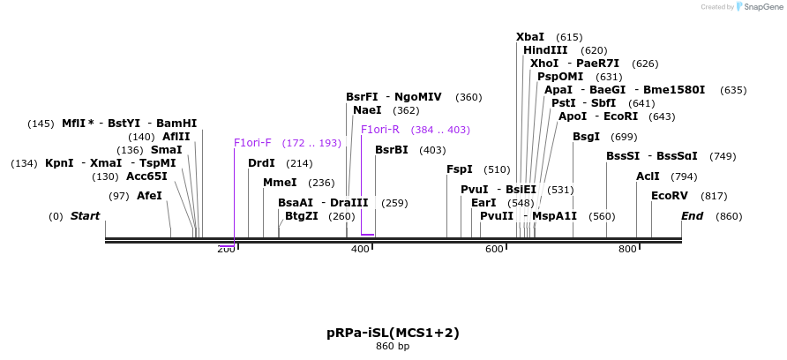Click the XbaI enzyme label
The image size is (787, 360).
530,37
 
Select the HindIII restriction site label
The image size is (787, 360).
545,50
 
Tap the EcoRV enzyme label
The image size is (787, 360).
669,196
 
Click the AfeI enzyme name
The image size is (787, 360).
149,196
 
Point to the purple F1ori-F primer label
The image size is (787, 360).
252,143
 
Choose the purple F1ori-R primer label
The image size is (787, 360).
379,130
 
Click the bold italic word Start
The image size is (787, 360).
85,216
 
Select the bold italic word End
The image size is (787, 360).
693,216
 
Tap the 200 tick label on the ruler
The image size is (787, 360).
226,250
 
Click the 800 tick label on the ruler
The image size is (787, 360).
627,250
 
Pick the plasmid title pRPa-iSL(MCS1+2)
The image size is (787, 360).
393,333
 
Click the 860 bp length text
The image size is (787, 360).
393,346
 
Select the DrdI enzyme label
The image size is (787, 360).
261,163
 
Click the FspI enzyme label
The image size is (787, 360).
460,169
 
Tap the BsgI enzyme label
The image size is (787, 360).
586,137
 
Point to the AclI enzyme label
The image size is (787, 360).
648,176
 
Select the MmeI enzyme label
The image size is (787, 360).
280,183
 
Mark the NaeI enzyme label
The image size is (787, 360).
367,110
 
